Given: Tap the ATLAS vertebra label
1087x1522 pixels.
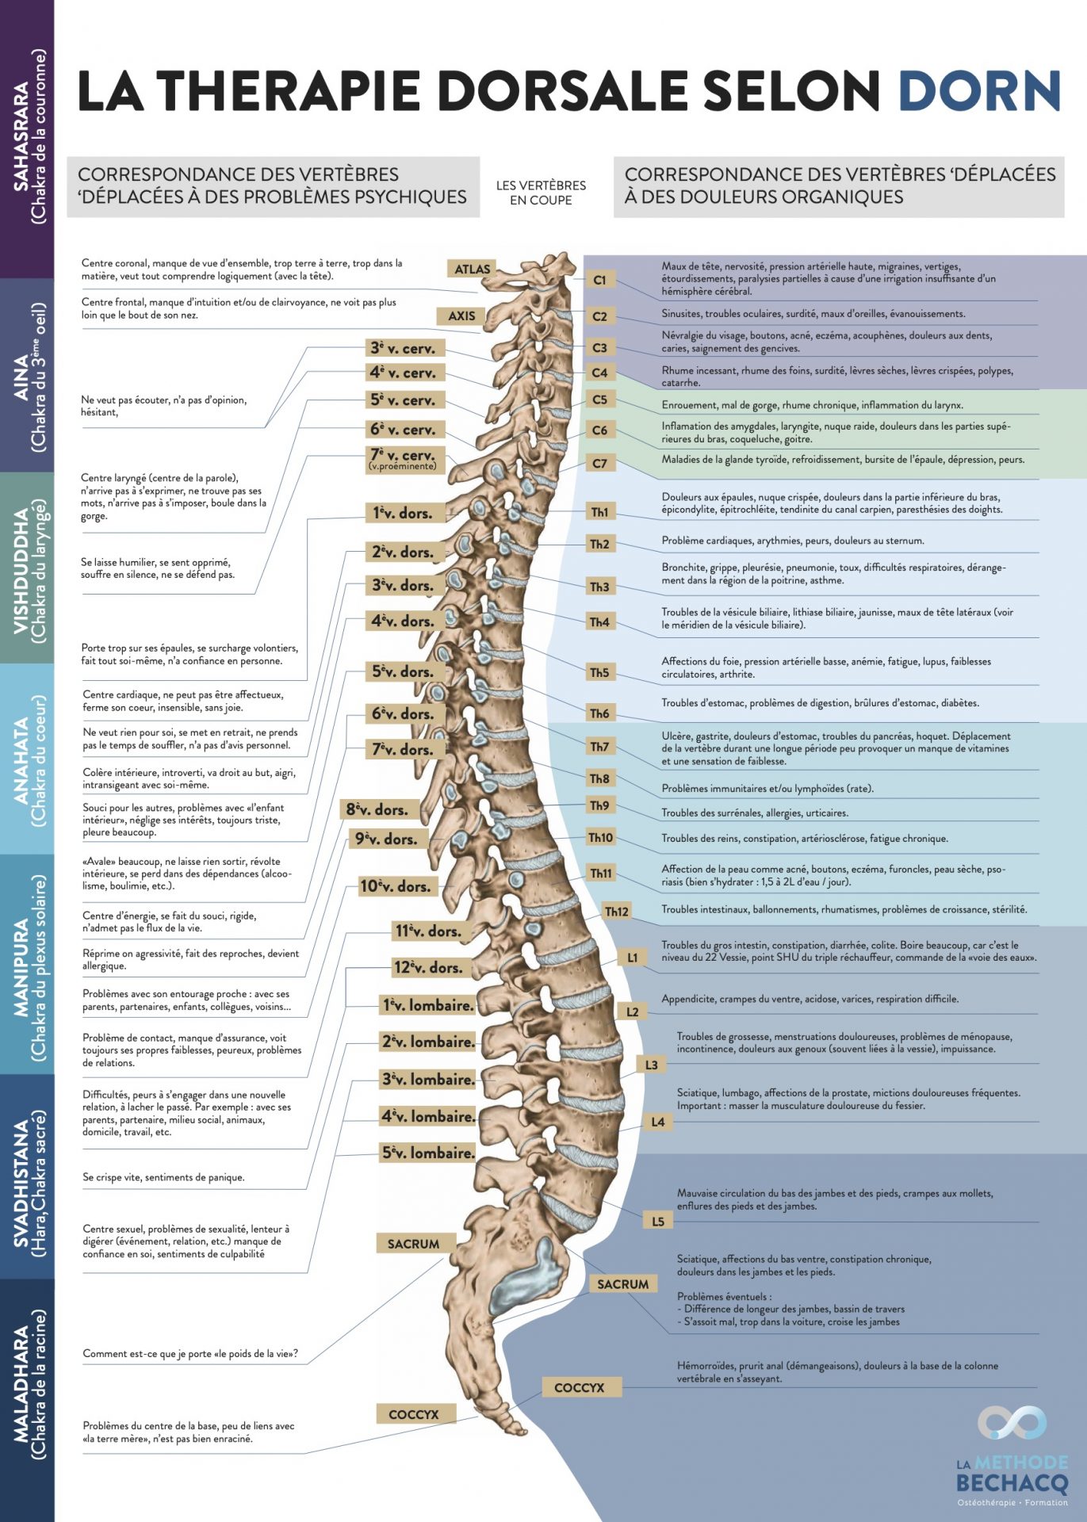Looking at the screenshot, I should click(473, 270).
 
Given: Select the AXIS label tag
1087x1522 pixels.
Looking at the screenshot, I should click(461, 316).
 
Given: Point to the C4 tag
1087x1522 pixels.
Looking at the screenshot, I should click(599, 373).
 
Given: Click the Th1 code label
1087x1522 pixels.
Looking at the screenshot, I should click(599, 512).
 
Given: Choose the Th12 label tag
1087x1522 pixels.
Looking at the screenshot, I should click(617, 912).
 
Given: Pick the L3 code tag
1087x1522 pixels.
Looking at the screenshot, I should click(651, 1065).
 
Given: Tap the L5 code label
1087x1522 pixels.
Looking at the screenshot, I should click(658, 1222).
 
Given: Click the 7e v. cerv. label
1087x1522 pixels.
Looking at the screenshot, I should click(403, 458).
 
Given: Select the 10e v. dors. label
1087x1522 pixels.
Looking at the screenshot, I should click(395, 886).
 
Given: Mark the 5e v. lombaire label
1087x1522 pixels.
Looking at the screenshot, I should click(428, 1153).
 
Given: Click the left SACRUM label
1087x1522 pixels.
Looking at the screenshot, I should click(413, 1244).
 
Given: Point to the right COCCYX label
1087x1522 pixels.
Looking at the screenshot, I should click(579, 1387).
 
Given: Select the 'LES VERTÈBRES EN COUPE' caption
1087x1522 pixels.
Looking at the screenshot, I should click(541, 193).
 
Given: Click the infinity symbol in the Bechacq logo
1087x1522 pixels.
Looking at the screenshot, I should click(1012, 1423).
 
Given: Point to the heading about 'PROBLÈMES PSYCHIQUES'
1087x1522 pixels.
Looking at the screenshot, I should click(272, 185).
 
